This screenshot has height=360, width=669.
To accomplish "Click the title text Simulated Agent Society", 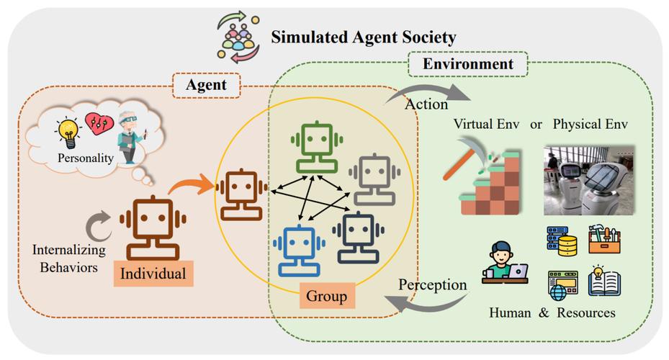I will (x=363, y=37).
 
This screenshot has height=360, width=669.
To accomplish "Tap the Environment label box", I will (x=467, y=64).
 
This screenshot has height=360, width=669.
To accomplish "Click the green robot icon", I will (x=318, y=148).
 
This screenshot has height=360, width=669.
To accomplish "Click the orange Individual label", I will (x=153, y=274).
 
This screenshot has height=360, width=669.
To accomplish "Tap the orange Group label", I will (x=326, y=296).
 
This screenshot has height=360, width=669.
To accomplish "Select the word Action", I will (x=426, y=104).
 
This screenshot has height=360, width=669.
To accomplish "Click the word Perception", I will (x=433, y=284).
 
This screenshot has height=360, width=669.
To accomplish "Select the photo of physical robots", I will (x=589, y=180).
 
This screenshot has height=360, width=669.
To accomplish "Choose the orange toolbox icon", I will (x=604, y=239).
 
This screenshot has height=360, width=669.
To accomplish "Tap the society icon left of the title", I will (x=238, y=38).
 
